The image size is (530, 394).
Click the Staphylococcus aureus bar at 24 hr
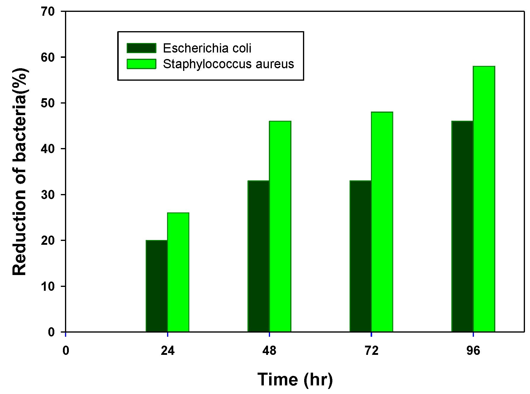pyautogui.click(x=178, y=272)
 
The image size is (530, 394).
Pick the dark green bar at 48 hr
pyautogui.click(x=258, y=256)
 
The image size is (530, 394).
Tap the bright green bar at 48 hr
pyautogui.click(x=280, y=226)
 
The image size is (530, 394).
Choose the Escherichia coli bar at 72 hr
pyautogui.click(x=361, y=256)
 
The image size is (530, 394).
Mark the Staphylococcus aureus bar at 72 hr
pyautogui.click(x=382, y=222)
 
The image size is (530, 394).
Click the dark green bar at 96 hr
pyautogui.click(x=462, y=226)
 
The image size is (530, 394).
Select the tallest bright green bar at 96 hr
pyautogui.click(x=484, y=199)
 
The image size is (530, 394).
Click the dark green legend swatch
pyautogui.click(x=142, y=48)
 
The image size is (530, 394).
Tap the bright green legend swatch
pyautogui.click(x=142, y=64)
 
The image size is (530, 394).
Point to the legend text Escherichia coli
pyautogui.click(x=207, y=48)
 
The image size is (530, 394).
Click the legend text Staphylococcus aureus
pyautogui.click(x=228, y=64)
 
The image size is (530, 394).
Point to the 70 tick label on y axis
pyautogui.click(x=48, y=12)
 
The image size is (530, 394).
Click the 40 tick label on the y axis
pyautogui.click(x=48, y=149)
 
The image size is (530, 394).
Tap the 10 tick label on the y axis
pyautogui.click(x=48, y=286)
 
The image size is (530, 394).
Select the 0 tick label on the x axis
pyautogui.click(x=66, y=351)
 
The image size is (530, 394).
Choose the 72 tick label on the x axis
pyautogui.click(x=371, y=351)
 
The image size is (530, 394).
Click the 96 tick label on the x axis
pyautogui.click(x=473, y=351)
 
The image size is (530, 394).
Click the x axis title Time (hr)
pyautogui.click(x=295, y=379)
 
